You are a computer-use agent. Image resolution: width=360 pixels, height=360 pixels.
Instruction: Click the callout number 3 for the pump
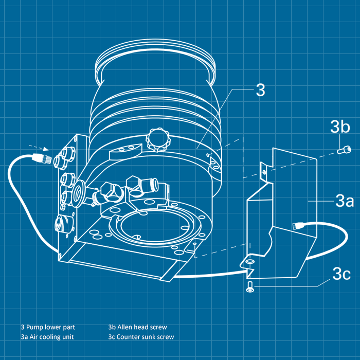tap(260, 90)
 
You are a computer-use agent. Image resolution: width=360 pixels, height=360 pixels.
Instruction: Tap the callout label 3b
tap(340, 127)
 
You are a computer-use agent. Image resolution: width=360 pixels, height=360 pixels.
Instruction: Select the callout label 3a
tap(344, 201)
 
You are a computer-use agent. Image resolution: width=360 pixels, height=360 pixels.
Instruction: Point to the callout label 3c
tap(341, 274)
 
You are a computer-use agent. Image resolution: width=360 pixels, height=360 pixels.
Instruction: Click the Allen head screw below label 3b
tap(344, 150)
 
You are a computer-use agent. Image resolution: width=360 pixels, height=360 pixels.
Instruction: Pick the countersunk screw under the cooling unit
tap(250, 289)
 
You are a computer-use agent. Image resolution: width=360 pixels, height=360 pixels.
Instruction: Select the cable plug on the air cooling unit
tap(298, 225)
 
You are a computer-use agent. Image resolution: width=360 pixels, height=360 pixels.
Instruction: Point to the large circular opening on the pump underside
tap(154, 222)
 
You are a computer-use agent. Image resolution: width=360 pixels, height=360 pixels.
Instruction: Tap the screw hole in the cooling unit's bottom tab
tap(250, 262)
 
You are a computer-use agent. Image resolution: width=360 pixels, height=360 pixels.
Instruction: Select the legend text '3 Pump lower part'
tap(48, 327)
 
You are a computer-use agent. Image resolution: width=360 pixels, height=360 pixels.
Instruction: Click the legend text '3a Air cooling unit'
tap(47, 337)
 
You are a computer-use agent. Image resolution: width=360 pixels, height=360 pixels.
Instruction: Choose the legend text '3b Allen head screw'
tap(137, 327)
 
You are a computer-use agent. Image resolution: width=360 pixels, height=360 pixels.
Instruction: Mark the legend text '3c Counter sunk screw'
tap(141, 337)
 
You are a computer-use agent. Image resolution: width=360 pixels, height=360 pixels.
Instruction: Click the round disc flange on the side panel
tap(79, 190)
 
